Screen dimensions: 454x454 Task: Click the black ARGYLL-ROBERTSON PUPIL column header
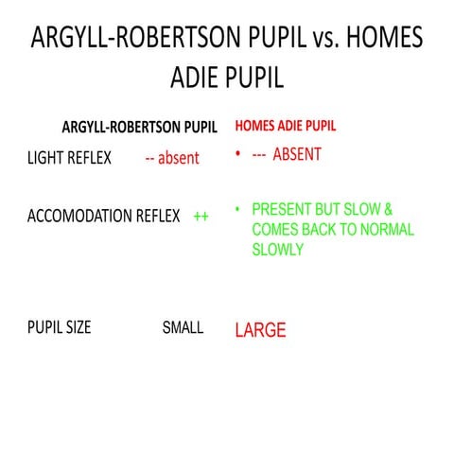coord(139,126)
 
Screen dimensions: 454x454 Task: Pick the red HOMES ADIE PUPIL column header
coord(285,125)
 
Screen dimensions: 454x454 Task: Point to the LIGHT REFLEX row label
coord(69,158)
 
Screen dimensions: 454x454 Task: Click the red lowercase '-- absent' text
coord(172,158)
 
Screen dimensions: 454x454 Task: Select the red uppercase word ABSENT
coord(297,155)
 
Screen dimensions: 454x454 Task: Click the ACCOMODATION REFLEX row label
coord(103,216)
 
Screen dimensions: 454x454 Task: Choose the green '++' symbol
coord(201,216)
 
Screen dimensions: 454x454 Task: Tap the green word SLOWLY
coord(277,250)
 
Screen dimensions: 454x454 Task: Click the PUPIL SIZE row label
coord(59,328)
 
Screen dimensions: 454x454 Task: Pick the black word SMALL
coord(183,328)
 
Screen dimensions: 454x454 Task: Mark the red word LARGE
coord(260,331)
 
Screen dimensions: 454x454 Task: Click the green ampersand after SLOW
coord(387,211)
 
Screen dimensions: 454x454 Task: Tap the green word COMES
coord(275,230)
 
